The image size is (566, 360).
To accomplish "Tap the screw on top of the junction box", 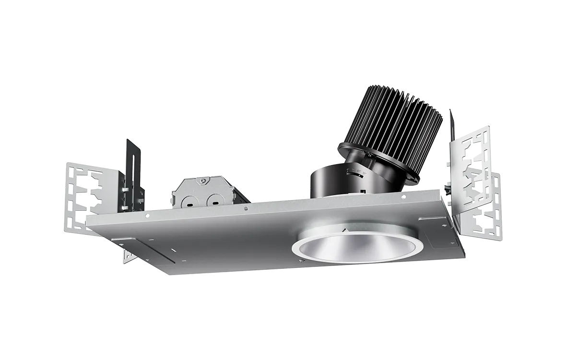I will [203, 181].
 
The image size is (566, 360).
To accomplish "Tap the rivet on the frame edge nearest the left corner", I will [148, 216].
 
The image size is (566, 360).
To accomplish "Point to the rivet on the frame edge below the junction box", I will [246, 209].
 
